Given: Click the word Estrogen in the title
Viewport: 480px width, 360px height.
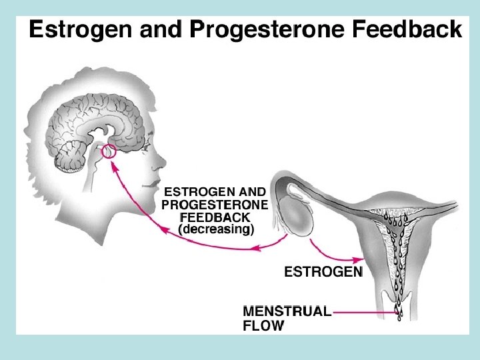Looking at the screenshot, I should (71, 31).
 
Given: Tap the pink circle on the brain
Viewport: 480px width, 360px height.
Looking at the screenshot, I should (108, 153).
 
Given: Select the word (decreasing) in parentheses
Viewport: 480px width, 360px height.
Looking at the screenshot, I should (216, 230).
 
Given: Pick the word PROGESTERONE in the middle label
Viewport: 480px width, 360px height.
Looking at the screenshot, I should (215, 204).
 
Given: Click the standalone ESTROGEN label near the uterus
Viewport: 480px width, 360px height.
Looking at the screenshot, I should (323, 272).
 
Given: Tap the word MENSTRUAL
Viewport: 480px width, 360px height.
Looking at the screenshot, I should (287, 311).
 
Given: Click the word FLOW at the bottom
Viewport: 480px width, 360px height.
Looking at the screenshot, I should (263, 326).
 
